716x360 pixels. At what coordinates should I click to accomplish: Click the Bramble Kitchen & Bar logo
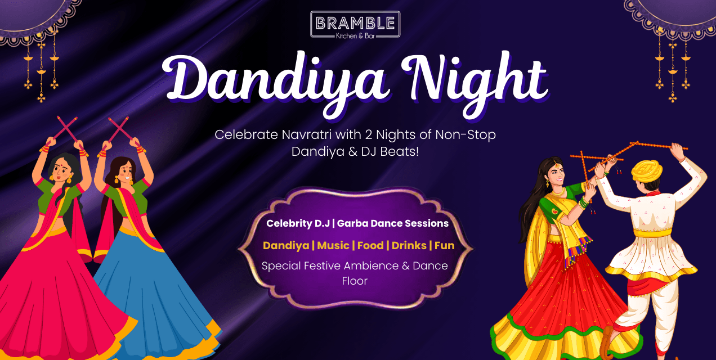click(355, 25)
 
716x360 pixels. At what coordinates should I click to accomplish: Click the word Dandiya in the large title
click(275, 79)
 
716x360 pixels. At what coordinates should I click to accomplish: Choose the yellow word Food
click(370, 245)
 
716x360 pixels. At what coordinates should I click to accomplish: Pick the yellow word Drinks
click(409, 245)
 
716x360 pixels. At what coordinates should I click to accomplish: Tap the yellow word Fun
click(444, 245)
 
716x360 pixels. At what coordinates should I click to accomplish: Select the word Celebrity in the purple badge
click(288, 223)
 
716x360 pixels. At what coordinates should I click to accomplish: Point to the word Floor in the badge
click(355, 281)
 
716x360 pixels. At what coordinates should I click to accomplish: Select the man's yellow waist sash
click(653, 232)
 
